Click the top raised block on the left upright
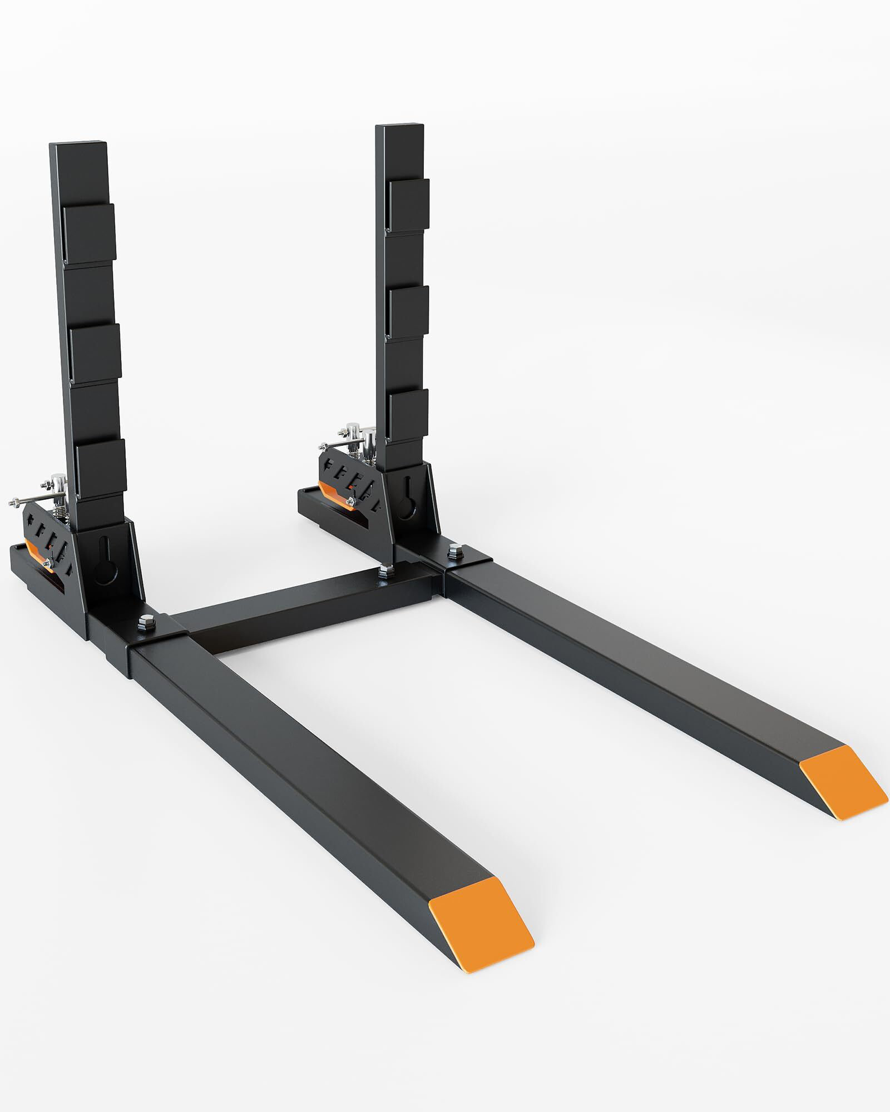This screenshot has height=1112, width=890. pyautogui.click(x=90, y=235)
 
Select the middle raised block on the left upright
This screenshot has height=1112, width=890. pyautogui.click(x=96, y=354)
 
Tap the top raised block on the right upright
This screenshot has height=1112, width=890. pyautogui.click(x=409, y=206)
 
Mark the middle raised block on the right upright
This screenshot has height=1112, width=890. pyautogui.click(x=409, y=311)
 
